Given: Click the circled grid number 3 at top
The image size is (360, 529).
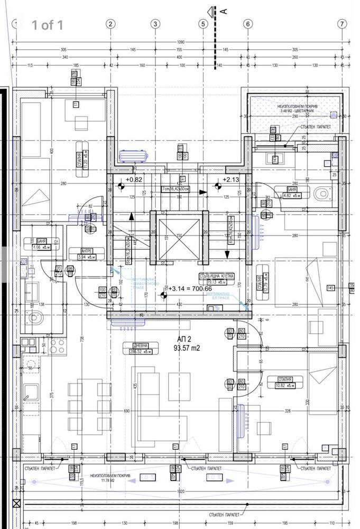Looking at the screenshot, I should point(155,24).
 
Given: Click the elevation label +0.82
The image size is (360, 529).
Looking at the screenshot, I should point(135,179).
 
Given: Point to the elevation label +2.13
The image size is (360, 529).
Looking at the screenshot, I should point(232,179).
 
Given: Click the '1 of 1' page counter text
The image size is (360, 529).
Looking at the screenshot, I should point(48,25).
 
